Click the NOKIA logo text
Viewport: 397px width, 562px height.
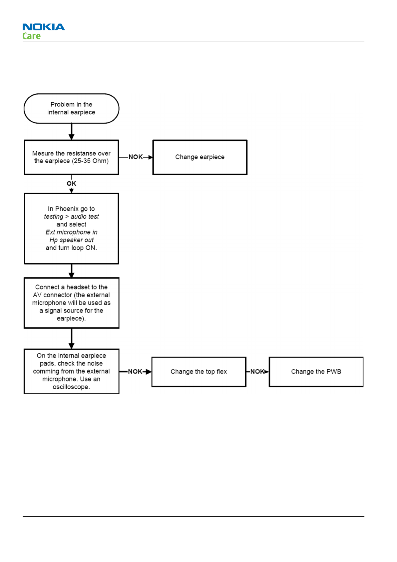(x=44, y=27)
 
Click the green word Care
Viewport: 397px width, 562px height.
(x=31, y=36)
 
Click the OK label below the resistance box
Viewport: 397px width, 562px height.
(x=71, y=184)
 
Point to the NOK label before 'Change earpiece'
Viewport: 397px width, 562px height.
(x=136, y=157)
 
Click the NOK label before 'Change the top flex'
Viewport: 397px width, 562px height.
(x=135, y=372)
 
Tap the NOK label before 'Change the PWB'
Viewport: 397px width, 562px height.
(x=257, y=372)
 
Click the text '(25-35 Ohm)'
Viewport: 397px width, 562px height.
(x=90, y=161)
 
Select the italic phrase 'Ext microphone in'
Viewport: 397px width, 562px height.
(x=71, y=232)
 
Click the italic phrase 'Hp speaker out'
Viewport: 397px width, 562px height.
(x=71, y=240)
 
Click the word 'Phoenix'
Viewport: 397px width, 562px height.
(x=67, y=209)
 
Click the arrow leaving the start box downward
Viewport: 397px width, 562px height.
(x=72, y=131)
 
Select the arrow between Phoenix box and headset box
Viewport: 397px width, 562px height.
(x=72, y=271)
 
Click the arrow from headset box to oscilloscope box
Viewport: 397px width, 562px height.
(x=72, y=339)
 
